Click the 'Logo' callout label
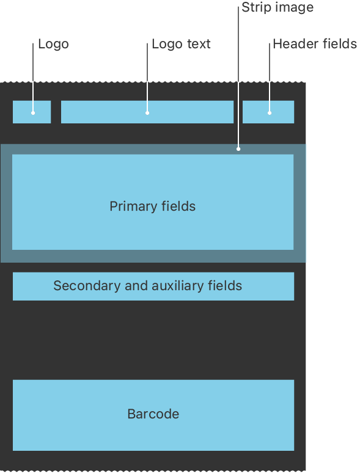(54, 45)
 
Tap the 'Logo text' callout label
(181, 44)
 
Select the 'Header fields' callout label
(315, 44)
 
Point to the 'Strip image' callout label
(277, 7)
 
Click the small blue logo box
(32, 112)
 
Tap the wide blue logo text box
(147, 112)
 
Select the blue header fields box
(268, 112)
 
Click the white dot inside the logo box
(33, 113)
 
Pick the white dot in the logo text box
(147, 113)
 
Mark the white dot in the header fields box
(270, 113)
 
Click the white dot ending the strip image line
(238, 148)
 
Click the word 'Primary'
(133, 207)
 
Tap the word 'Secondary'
(87, 286)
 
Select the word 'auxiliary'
(178, 286)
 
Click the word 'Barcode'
(153, 414)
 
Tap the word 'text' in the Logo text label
(199, 44)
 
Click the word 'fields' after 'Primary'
(178, 206)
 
